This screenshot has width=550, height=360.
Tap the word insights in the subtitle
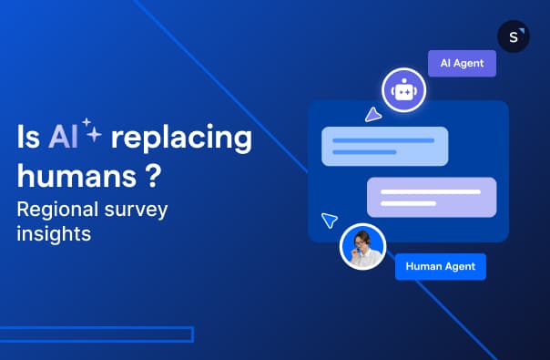tap(54, 234)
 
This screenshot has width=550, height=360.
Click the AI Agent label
tap(462, 64)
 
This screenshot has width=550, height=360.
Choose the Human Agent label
tap(441, 266)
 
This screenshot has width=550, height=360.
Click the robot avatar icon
tap(403, 89)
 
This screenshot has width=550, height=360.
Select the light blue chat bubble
tap(384, 146)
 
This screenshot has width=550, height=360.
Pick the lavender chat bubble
tap(432, 197)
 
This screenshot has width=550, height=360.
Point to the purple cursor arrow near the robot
tap(372, 114)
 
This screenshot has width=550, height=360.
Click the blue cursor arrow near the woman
tap(330, 221)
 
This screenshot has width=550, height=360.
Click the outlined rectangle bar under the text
tap(97, 334)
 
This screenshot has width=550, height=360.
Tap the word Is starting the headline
tap(27, 139)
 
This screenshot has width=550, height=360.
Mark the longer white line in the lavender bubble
tap(431, 191)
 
